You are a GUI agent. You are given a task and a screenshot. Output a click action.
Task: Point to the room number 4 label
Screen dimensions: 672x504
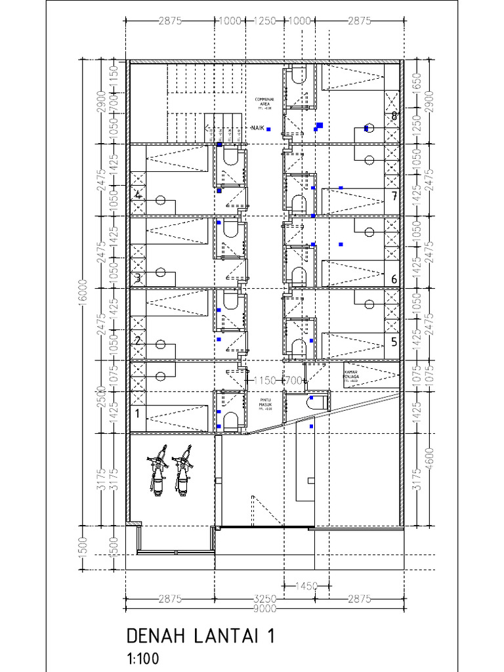(x=138, y=195)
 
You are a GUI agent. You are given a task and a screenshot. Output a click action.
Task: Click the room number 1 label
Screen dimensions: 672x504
(x=137, y=413)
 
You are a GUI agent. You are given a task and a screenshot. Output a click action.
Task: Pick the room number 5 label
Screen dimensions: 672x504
(x=394, y=341)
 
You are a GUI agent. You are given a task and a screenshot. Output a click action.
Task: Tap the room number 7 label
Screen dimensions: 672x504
(x=394, y=196)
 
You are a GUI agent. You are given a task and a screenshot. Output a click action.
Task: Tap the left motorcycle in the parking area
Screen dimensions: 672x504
(x=157, y=471)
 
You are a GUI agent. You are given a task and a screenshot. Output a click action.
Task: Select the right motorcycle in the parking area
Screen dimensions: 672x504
(x=183, y=471)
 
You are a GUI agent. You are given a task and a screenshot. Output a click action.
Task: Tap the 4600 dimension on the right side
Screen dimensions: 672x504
(x=429, y=456)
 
